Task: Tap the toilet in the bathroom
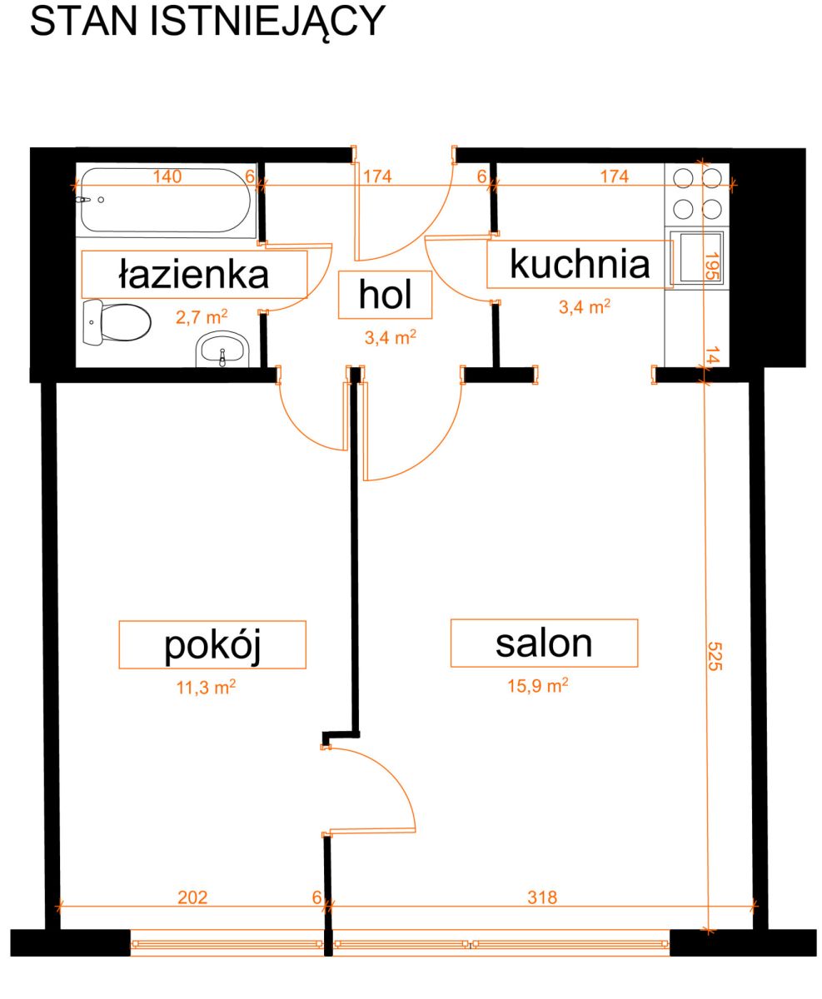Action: pyautogui.click(x=117, y=321)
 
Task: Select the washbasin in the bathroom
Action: pyautogui.click(x=222, y=350)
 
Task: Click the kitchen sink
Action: pyautogui.click(x=702, y=257)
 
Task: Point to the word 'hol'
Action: pyautogui.click(x=385, y=294)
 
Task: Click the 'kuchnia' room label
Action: pyautogui.click(x=580, y=264)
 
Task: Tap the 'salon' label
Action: pyautogui.click(x=544, y=644)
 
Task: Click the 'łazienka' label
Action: pyautogui.click(x=193, y=274)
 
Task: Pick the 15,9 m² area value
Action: pyautogui.click(x=538, y=685)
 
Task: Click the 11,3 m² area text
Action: pyautogui.click(x=206, y=686)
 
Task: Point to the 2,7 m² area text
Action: pyautogui.click(x=202, y=316)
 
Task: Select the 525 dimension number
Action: pyautogui.click(x=715, y=656)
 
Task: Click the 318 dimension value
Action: pyautogui.click(x=542, y=897)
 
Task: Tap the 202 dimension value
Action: pyautogui.click(x=192, y=897)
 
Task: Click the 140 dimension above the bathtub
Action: pyautogui.click(x=167, y=176)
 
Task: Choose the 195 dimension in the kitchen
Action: pyautogui.click(x=712, y=266)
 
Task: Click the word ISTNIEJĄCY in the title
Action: pyautogui.click(x=268, y=22)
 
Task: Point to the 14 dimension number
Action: pyautogui.click(x=712, y=355)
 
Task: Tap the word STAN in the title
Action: pyautogui.click(x=84, y=21)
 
